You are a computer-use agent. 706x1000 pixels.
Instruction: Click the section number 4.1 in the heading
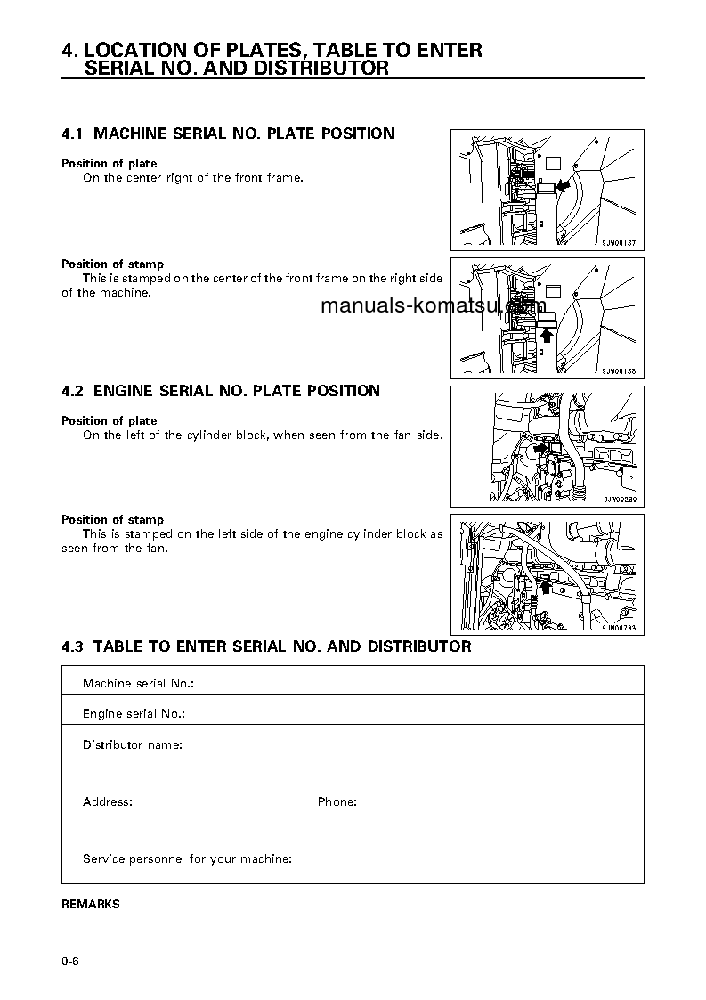click(x=72, y=134)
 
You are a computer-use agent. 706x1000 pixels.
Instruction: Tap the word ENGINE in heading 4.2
click(x=124, y=391)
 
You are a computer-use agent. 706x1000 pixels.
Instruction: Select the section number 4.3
click(x=72, y=646)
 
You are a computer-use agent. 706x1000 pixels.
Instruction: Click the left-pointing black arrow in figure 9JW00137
click(x=564, y=186)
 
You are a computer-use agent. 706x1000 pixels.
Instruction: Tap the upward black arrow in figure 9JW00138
click(x=547, y=335)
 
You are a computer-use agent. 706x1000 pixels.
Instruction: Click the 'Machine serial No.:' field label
click(x=138, y=684)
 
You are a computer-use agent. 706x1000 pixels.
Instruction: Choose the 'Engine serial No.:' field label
click(x=134, y=714)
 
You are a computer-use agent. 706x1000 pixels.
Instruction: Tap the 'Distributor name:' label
click(x=133, y=744)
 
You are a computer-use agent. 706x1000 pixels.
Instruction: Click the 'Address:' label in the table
click(x=108, y=802)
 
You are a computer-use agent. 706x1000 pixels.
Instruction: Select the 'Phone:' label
click(x=337, y=802)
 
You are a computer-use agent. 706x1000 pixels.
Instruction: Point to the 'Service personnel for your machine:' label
click(x=187, y=859)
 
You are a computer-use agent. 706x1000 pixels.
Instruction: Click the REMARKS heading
click(x=90, y=904)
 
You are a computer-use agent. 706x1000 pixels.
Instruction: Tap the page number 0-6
click(x=71, y=962)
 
